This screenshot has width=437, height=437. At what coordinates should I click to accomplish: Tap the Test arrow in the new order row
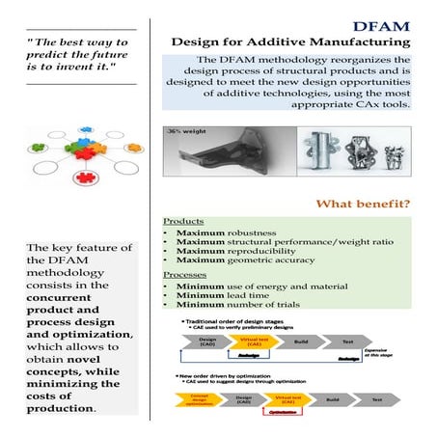click(x=377, y=398)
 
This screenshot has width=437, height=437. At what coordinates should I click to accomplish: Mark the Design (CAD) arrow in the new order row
click(x=245, y=398)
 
